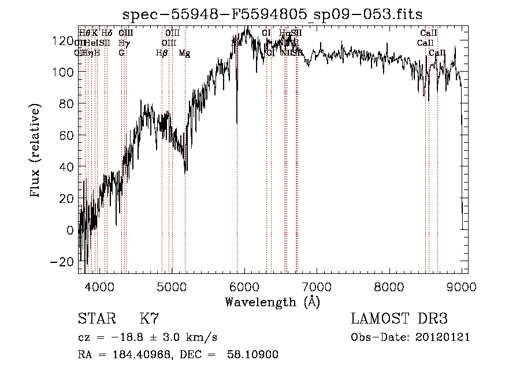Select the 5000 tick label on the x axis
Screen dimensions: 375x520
(172, 287)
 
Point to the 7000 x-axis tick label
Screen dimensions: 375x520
(317, 287)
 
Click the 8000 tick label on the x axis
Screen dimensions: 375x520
(389, 287)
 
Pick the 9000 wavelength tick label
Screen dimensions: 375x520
(461, 287)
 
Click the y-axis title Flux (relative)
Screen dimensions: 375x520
(36, 151)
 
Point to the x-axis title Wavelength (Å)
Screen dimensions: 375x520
(272, 302)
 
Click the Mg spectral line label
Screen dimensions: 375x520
(184, 53)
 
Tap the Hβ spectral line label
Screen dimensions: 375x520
(162, 53)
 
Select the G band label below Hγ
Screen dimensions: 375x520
(121, 53)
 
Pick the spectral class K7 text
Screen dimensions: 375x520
(149, 319)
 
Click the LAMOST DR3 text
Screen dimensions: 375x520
(399, 319)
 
